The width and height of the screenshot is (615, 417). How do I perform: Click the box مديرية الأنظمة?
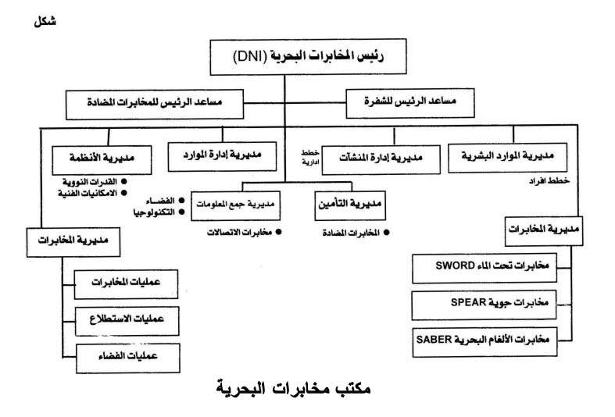pos(100,159)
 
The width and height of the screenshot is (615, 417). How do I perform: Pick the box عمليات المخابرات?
pos(127,282)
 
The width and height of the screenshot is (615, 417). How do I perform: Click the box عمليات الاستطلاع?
pos(127,320)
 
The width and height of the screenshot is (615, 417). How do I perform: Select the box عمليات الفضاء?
pos(127,358)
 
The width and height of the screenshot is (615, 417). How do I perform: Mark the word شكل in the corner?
pos(45,21)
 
